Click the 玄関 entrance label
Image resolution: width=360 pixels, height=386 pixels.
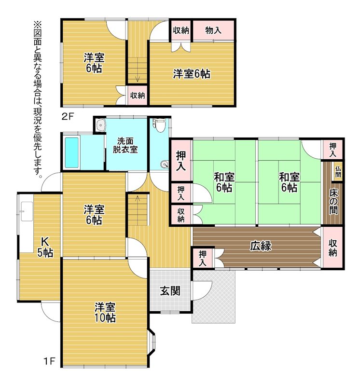[x=170, y=291]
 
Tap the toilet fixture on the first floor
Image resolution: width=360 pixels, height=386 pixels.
[x=158, y=125]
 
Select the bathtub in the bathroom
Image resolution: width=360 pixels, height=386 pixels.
[x=71, y=153]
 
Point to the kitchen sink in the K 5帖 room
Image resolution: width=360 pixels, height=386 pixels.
[x=27, y=211]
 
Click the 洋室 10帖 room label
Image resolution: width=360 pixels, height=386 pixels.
[x=105, y=312]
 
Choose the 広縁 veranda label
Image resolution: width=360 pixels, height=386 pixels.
[x=261, y=246]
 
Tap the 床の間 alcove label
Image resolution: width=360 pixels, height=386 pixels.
[x=333, y=201]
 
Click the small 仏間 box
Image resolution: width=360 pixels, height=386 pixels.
[x=338, y=172]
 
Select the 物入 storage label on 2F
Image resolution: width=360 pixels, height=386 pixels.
[x=213, y=30]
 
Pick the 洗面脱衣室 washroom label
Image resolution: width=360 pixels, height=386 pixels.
[x=125, y=145]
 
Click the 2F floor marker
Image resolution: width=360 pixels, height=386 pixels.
[x=68, y=116]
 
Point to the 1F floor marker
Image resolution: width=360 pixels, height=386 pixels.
[x=49, y=361]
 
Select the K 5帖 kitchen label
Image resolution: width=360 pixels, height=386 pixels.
[x=45, y=247]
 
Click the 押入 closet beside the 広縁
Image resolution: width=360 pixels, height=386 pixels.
[x=202, y=258]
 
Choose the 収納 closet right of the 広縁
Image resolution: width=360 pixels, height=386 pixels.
[x=332, y=248]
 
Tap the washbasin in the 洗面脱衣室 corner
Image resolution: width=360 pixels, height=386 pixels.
[x=101, y=124]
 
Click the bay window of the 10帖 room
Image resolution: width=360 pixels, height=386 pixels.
[x=152, y=341]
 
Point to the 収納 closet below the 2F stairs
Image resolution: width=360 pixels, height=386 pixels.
[x=138, y=95]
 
